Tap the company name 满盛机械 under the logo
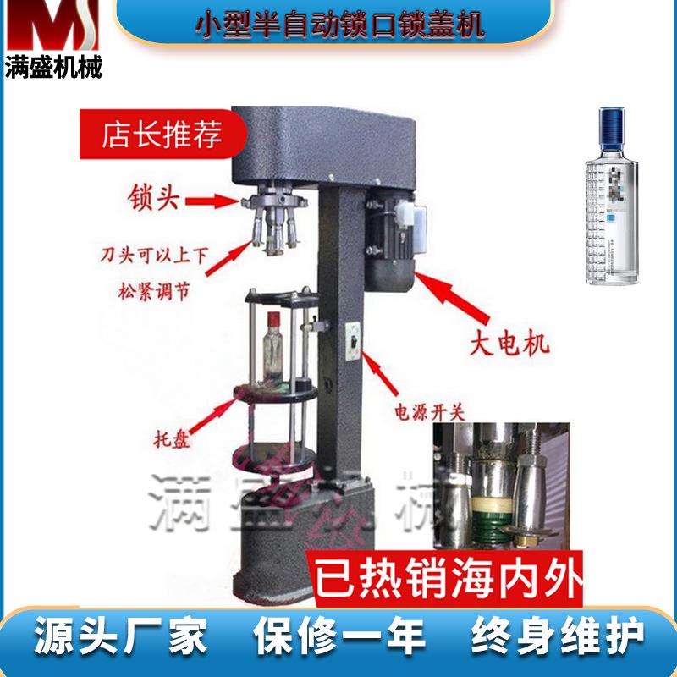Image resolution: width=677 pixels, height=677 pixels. (52, 69)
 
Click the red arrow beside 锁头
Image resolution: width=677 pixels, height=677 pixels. (212, 201)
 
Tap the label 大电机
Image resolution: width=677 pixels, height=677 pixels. (509, 344)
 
